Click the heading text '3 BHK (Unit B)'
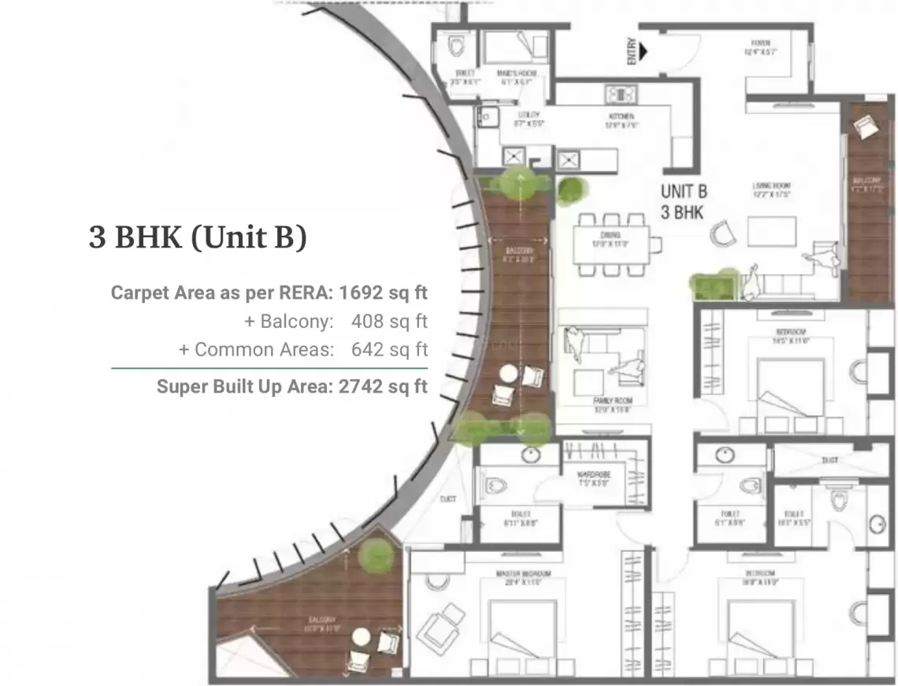click(197, 237)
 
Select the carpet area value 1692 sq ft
click(383, 293)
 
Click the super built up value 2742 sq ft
click(383, 386)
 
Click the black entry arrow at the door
click(644, 53)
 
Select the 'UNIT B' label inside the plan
click(683, 192)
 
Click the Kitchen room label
click(620, 116)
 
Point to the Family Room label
click(612, 401)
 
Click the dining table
click(610, 244)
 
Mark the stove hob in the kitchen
click(620, 95)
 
